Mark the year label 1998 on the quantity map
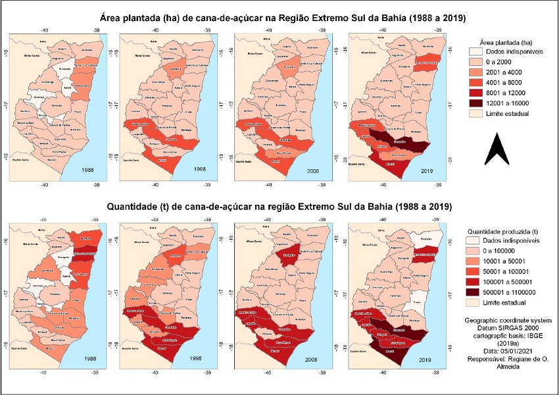197,359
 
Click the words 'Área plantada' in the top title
134,17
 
